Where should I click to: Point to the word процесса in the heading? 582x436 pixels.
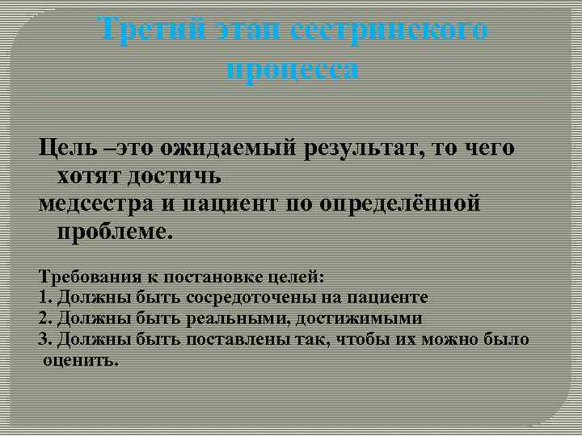click(292, 69)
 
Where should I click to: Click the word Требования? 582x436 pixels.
click(86, 278)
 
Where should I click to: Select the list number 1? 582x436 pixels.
click(44, 298)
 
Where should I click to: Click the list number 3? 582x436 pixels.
click(44, 339)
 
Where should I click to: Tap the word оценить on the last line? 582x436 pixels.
click(81, 360)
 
